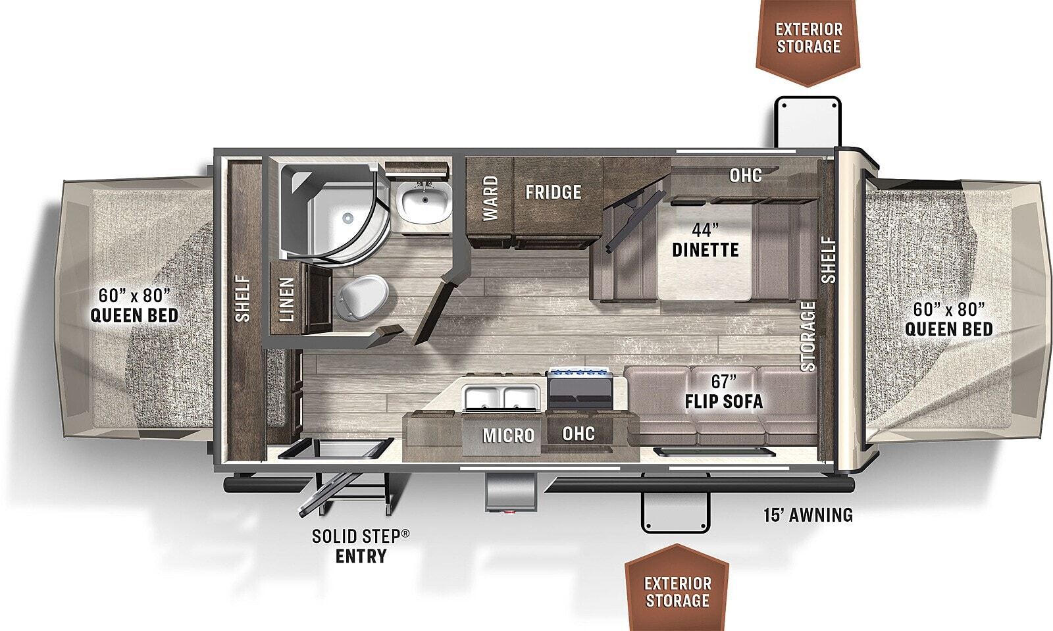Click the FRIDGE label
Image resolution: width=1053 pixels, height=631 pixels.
pos(553,191)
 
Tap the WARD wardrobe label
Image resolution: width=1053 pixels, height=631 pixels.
pos(490,198)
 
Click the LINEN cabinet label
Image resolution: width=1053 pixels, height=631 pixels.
pos(286,300)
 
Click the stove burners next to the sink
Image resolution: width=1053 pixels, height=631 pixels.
pos(579,374)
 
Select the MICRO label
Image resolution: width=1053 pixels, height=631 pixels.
pos(508,436)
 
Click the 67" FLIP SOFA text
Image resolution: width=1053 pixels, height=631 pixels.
pos(723,391)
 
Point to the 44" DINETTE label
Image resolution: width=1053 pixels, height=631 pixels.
pos(706,240)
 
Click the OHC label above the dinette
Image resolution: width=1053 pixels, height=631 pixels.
pos(746,175)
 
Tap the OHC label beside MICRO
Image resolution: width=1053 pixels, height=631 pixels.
pos(578,433)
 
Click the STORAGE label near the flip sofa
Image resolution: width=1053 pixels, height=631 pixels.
pos(809,336)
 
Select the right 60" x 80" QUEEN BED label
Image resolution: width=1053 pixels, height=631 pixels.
pos(948,319)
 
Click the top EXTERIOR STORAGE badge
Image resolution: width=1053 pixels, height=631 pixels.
pos(808,38)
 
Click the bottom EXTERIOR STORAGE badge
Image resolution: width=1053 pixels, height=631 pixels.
pos(677,591)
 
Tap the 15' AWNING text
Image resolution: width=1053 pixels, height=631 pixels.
pos(808,515)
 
